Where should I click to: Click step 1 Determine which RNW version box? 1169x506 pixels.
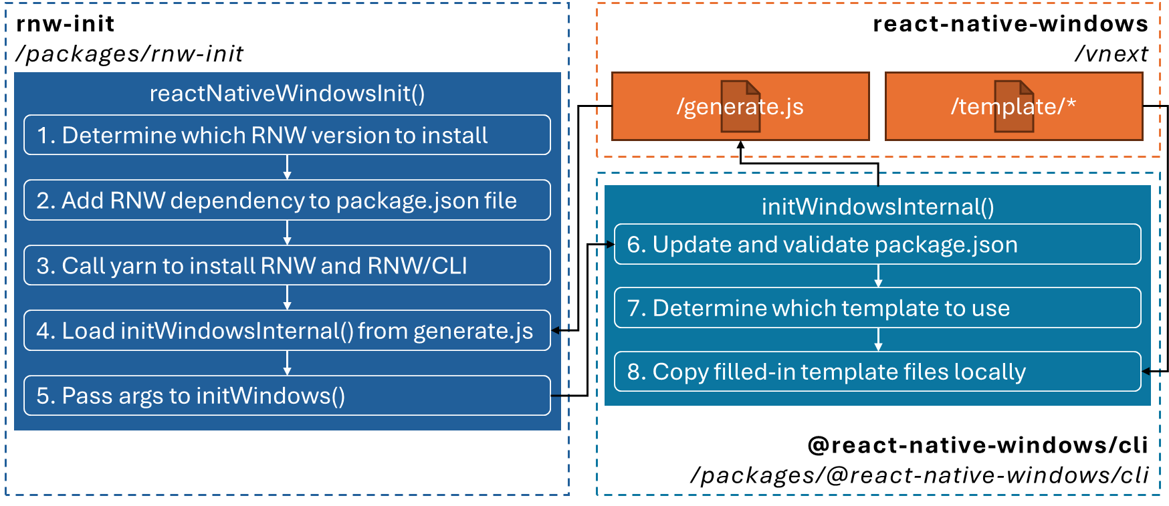(287, 135)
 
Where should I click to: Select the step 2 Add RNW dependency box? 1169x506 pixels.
(287, 201)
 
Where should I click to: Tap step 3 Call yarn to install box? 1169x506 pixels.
(287, 265)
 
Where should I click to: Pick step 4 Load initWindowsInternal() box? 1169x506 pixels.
(287, 330)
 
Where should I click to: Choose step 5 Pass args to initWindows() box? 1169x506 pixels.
(287, 396)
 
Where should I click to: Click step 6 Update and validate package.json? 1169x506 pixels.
(877, 245)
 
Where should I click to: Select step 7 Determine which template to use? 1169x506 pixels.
(877, 308)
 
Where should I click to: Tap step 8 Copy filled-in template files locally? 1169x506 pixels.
(877, 372)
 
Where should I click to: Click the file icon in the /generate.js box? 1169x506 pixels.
(740, 106)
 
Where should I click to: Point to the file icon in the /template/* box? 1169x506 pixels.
(1014, 106)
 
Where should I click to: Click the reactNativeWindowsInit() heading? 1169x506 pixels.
(287, 94)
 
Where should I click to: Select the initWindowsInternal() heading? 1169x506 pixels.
(877, 207)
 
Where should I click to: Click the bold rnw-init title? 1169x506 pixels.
(66, 24)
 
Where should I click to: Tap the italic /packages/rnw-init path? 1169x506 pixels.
(130, 53)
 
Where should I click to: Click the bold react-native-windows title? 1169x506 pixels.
(1010, 24)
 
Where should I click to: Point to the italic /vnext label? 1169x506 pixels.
(1111, 53)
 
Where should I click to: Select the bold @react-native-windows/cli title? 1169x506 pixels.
(978, 445)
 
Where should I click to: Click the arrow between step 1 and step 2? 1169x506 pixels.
(287, 167)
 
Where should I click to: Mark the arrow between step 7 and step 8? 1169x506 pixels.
(878, 340)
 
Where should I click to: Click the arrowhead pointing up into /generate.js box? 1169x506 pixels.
(740, 144)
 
